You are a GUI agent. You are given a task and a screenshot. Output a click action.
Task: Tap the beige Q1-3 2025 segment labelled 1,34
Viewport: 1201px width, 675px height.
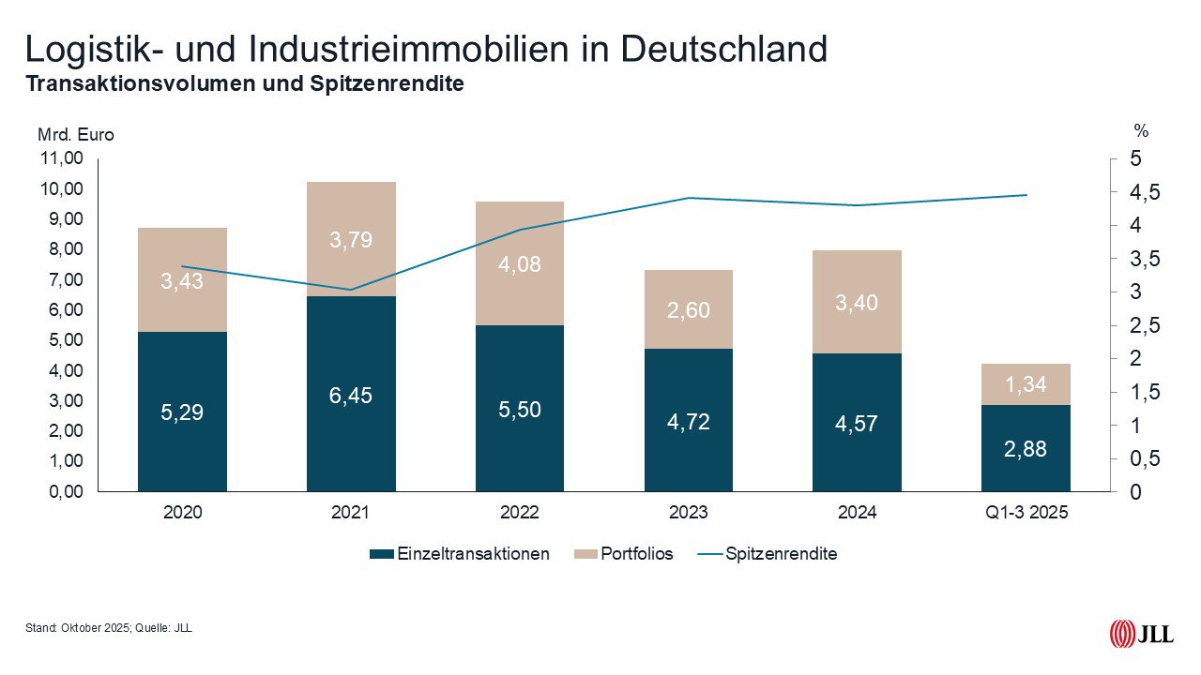pos(1026,384)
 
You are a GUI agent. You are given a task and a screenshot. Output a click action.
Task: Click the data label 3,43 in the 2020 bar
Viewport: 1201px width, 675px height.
pos(182,280)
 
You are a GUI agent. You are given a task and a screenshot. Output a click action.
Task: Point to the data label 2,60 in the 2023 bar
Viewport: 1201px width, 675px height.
pos(689,309)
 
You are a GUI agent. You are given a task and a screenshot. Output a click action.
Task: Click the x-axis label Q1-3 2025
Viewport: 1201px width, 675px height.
pos(1026,513)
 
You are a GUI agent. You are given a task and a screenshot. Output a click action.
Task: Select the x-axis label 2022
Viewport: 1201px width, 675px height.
pos(520,513)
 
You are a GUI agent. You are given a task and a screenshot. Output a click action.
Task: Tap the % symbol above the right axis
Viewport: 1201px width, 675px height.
pos(1141,131)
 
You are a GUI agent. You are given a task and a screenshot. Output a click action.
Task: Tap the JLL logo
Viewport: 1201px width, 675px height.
pos(1141,634)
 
